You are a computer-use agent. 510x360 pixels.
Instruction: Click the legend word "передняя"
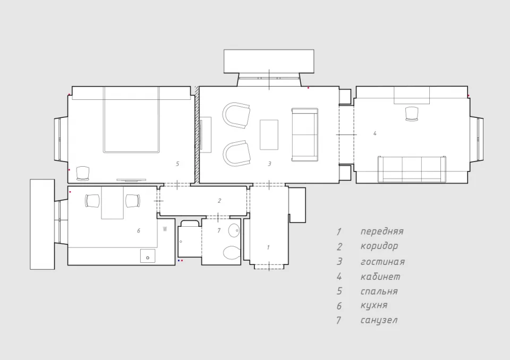[x=382, y=232]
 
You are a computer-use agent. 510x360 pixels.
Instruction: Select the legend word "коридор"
[x=379, y=246]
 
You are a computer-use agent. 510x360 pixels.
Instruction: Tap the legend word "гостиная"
[x=382, y=262]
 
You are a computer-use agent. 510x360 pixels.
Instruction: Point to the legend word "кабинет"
[x=380, y=277]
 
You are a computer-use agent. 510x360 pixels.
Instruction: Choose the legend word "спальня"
[x=379, y=292]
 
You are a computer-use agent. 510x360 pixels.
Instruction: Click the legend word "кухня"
[x=373, y=306]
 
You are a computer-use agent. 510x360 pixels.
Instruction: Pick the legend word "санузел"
[x=379, y=320]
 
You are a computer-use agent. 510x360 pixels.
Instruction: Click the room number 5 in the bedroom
[x=177, y=164]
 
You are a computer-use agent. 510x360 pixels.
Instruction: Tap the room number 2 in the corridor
[x=219, y=201]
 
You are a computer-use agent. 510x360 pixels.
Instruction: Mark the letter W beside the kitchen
[x=165, y=229]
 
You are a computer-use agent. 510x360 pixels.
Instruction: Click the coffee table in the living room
[x=269, y=135]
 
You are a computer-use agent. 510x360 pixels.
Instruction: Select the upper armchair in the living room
[x=236, y=115]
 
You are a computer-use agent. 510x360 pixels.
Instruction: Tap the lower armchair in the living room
[x=237, y=153]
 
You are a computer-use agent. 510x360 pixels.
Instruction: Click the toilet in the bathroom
[x=231, y=253]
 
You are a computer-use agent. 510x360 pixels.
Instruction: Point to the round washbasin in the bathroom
[x=234, y=230]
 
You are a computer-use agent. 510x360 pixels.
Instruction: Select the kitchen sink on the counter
[x=148, y=256]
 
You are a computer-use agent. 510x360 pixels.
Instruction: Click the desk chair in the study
[x=412, y=114]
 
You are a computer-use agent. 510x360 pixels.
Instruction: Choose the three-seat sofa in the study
[x=412, y=169]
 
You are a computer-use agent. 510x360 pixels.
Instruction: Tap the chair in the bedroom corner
[x=83, y=173]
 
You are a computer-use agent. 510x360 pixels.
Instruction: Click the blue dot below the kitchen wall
[x=178, y=261]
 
